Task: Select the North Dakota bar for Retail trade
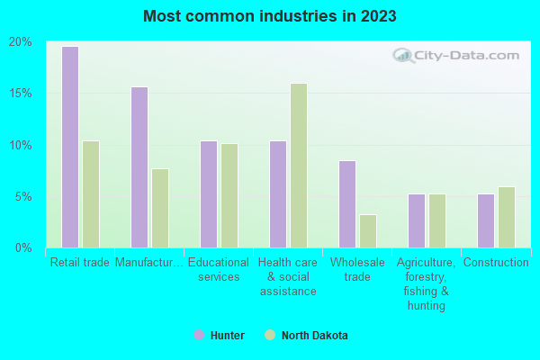90,193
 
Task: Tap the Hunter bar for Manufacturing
139,166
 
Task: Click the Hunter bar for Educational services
208,193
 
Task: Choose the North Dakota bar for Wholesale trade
367,230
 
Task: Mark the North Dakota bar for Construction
506,217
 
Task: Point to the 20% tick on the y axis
21,42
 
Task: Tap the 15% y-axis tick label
21,94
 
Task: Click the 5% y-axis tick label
23,196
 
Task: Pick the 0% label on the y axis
23,247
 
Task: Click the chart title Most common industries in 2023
269,16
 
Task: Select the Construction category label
496,263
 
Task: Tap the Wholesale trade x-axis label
357,269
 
